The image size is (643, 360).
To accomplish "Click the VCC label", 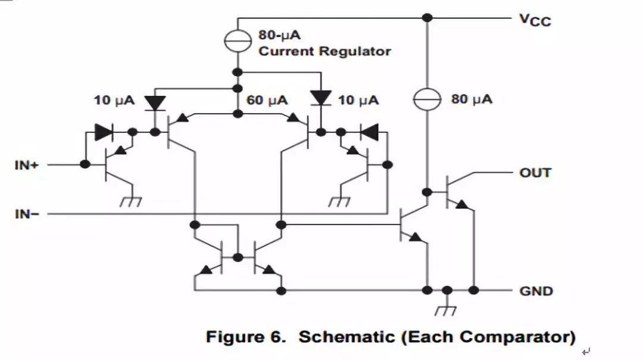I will pyautogui.click(x=535, y=20).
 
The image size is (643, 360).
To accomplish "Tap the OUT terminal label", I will pyautogui.click(x=535, y=173).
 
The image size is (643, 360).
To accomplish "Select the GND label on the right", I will pyautogui.click(x=536, y=291).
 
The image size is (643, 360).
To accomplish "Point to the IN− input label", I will pyautogui.click(x=26, y=213).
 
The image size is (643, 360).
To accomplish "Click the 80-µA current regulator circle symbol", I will pyautogui.click(x=237, y=40).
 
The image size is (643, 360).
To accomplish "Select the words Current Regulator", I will pyautogui.click(x=324, y=51).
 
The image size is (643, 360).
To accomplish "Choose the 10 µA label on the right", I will pyautogui.click(x=358, y=99).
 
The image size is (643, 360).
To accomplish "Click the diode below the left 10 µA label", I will pyautogui.click(x=156, y=102).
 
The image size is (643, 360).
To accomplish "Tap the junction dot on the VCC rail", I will pyautogui.click(x=427, y=18).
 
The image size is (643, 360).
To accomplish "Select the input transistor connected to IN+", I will pyautogui.click(x=110, y=165).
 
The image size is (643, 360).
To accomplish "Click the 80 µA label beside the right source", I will pyautogui.click(x=472, y=99).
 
